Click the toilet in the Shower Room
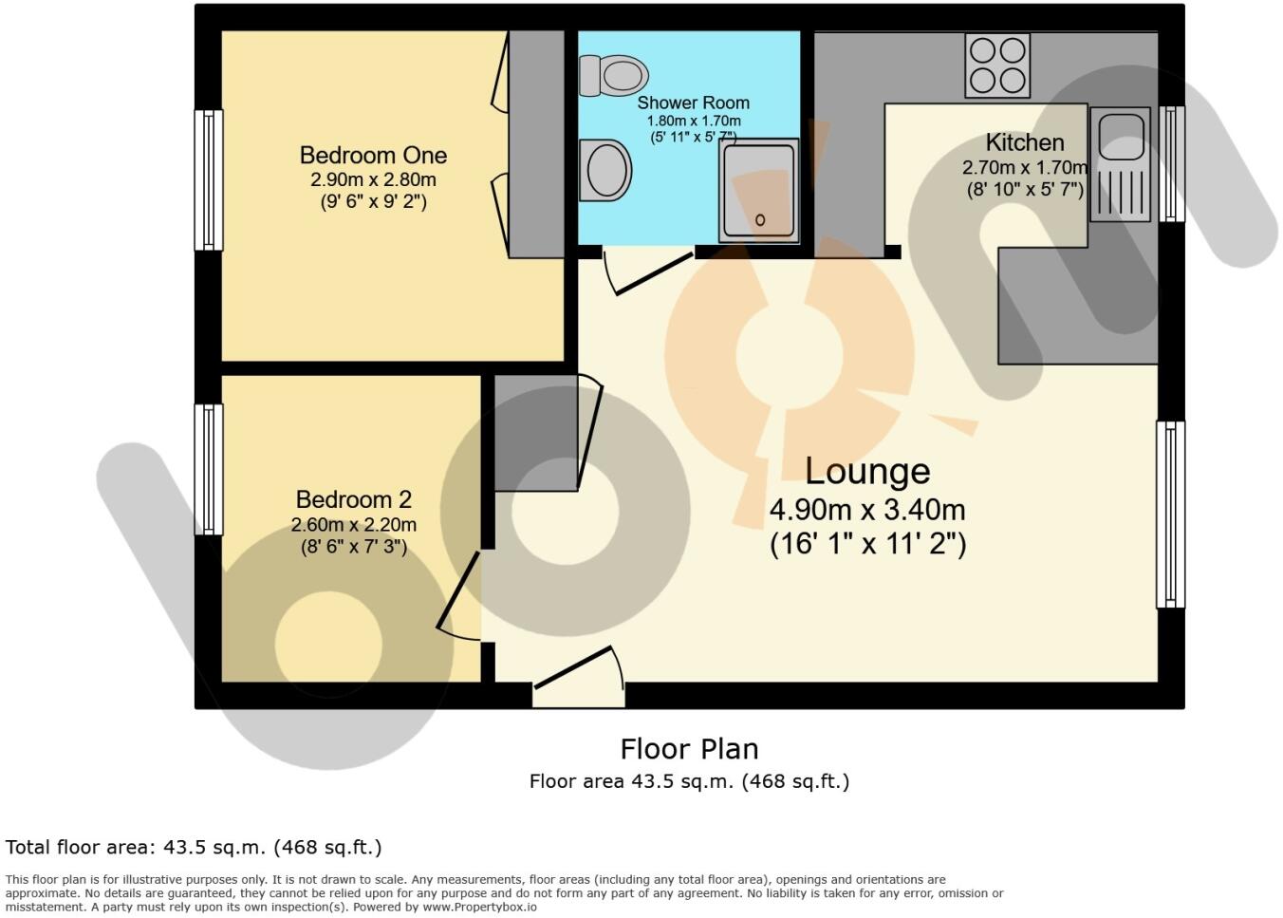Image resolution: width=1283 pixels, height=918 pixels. (614, 75)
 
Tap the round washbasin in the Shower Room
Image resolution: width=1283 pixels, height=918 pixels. (604, 171)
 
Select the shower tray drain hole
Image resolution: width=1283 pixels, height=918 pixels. (760, 220)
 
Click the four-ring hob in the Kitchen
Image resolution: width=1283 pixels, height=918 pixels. (997, 66)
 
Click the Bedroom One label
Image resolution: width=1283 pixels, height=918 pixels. (373, 155)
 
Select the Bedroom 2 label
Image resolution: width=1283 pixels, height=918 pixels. (353, 499)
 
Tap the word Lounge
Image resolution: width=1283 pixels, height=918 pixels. (867, 471)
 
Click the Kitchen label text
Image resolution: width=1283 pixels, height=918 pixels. (1024, 142)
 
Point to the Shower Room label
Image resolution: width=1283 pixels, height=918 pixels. (693, 103)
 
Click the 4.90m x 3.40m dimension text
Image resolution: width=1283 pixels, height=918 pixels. (867, 511)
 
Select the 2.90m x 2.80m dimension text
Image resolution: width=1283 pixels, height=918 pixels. (373, 179)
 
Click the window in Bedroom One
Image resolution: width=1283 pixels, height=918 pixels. (209, 179)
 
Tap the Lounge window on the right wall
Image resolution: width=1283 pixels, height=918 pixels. (1170, 515)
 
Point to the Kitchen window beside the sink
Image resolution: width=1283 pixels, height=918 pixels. (1172, 163)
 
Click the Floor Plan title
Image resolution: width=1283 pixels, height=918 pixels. (689, 749)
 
